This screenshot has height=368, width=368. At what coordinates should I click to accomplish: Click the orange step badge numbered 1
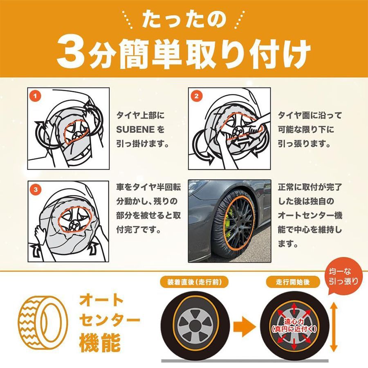[x=36, y=96]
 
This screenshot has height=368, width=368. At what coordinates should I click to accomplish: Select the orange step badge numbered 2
[x=197, y=96]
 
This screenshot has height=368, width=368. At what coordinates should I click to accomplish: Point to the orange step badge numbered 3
[x=36, y=189]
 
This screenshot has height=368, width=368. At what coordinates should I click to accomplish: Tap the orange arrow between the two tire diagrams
[x=244, y=327]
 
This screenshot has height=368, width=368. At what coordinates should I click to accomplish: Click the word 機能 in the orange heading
[x=100, y=342]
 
